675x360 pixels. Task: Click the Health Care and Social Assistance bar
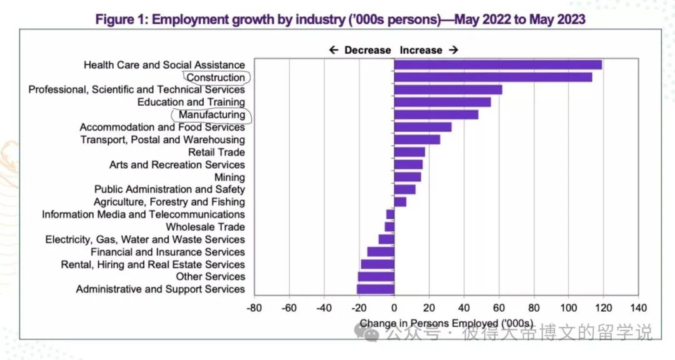coord(497,65)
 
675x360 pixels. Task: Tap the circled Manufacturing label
coord(212,115)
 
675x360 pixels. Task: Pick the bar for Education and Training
coord(442,102)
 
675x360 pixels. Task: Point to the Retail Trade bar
coord(409,152)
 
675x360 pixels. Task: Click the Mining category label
coord(229,177)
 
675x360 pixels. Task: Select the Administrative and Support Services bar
coord(376,289)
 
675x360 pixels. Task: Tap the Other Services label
coord(210,276)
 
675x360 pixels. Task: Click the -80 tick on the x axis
coord(254,307)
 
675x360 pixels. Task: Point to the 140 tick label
coord(638,307)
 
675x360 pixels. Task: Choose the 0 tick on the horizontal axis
coord(394,307)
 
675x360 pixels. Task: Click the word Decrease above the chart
coord(367,50)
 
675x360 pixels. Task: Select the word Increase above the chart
coord(421,50)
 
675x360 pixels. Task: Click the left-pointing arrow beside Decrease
coord(334,50)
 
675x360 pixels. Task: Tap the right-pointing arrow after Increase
coord(454,50)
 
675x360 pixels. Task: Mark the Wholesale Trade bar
coord(389,227)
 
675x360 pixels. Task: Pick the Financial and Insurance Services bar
coord(381,252)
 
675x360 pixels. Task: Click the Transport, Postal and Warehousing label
coord(162,139)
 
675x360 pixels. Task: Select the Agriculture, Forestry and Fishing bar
coord(400,202)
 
